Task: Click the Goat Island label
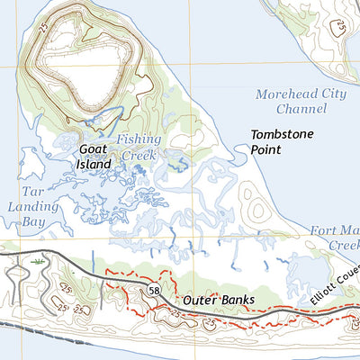click(x=94, y=157)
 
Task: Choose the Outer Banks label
click(x=219, y=300)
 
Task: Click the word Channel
click(x=301, y=109)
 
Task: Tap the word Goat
click(x=94, y=150)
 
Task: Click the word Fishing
click(x=139, y=139)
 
